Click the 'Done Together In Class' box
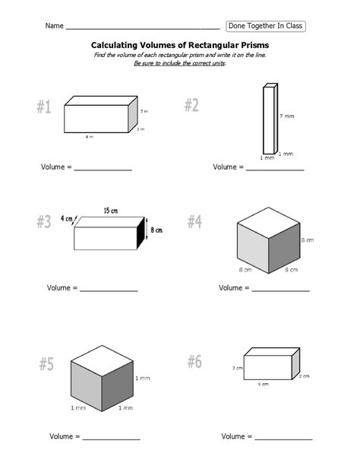[x=266, y=26]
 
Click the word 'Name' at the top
[x=54, y=27]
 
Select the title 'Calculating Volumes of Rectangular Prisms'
[x=180, y=46]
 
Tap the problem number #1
[x=44, y=108]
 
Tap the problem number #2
[x=191, y=106]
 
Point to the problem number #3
[x=44, y=222]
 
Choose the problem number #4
[x=194, y=221]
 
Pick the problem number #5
[x=46, y=365]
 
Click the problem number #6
[x=194, y=362]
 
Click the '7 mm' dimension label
[x=286, y=116]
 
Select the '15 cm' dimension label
[x=112, y=211]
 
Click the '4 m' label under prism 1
[x=90, y=138]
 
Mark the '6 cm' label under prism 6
[x=263, y=385]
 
